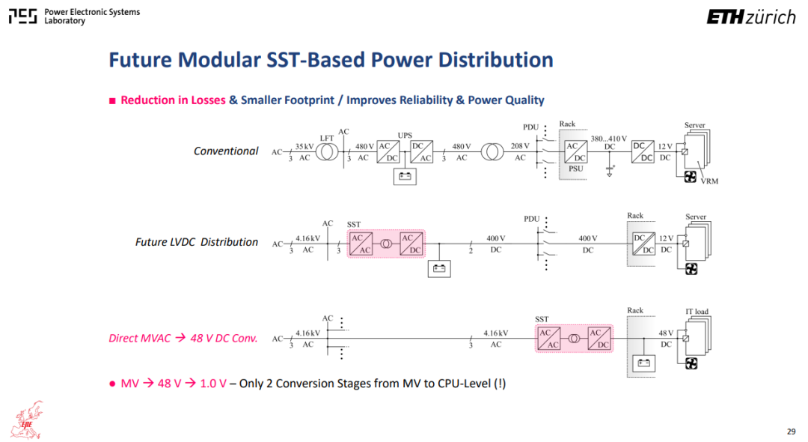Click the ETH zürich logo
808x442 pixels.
point(751,17)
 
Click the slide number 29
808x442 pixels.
point(791,432)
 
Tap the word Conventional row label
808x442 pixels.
point(226,151)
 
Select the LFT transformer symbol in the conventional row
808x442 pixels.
point(327,151)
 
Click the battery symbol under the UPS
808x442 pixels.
point(405,176)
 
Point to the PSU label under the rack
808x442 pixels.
point(575,169)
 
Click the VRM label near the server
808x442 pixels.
point(709,181)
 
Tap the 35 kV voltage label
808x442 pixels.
point(304,147)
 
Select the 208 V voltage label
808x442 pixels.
point(520,146)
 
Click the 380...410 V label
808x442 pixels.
point(608,139)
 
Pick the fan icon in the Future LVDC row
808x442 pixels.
point(691,269)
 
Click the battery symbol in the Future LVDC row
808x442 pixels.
point(439,268)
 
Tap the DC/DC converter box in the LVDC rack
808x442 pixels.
point(643,244)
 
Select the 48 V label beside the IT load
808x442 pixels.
point(666,333)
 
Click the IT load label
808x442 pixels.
point(697,312)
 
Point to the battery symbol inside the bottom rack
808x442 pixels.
point(643,363)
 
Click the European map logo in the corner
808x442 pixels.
point(28,420)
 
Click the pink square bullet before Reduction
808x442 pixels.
point(112,101)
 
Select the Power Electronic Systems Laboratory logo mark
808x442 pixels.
point(22,16)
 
